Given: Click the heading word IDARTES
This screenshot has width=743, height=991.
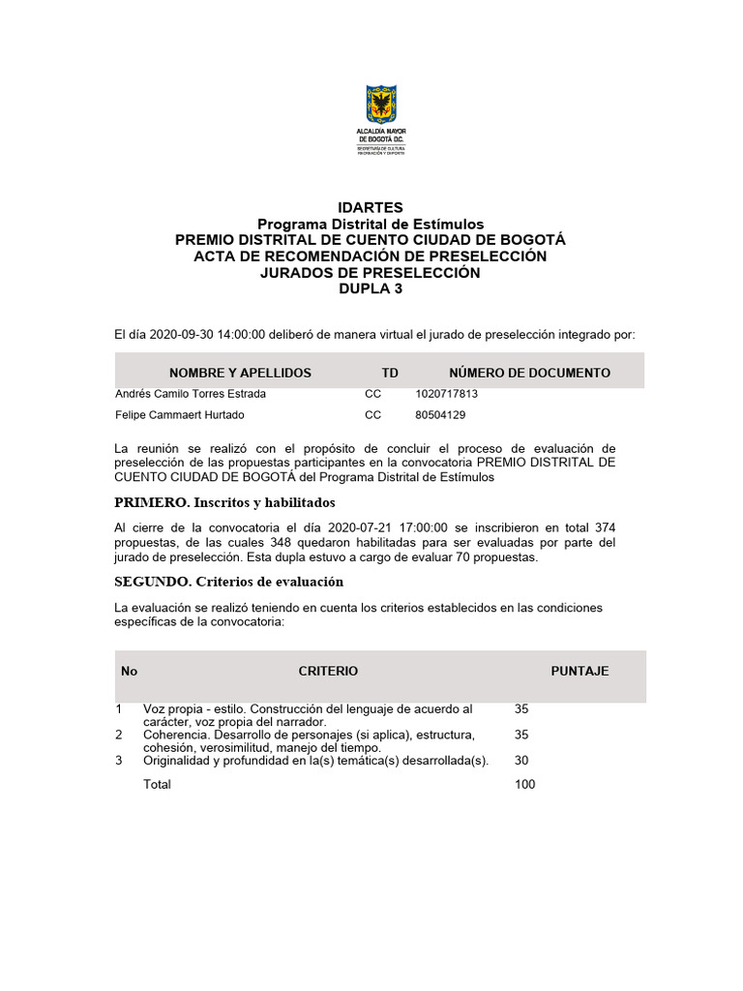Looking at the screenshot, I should click(371, 208).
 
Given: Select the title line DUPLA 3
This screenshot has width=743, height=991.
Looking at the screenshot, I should click(371, 288).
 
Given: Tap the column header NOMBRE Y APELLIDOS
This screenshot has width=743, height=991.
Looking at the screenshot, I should click(240, 373).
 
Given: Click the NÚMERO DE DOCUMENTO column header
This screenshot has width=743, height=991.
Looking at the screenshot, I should click(529, 373).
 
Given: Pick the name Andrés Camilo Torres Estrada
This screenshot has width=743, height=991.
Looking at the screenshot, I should click(191, 394).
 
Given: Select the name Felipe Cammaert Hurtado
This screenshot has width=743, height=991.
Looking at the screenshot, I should click(180, 415).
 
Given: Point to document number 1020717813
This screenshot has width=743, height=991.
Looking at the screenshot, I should click(447, 394).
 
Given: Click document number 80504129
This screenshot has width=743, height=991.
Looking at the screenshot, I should click(440, 415).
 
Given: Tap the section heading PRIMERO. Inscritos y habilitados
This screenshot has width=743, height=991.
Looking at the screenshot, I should click(224, 503).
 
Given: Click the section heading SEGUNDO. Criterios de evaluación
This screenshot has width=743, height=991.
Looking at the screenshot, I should click(228, 582).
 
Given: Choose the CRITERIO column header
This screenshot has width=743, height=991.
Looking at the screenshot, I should click(328, 671).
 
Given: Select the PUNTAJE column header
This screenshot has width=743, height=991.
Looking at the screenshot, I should click(580, 671).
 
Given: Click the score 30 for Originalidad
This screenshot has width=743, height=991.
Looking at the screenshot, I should click(522, 761).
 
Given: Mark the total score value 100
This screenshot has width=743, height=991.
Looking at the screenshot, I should click(525, 785).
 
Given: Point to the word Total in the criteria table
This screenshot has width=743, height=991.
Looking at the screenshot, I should click(157, 785).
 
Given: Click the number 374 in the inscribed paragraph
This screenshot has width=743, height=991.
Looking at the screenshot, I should click(604, 526).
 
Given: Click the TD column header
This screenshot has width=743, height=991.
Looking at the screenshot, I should click(390, 373).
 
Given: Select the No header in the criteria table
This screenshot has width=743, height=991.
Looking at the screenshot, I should click(130, 671).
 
